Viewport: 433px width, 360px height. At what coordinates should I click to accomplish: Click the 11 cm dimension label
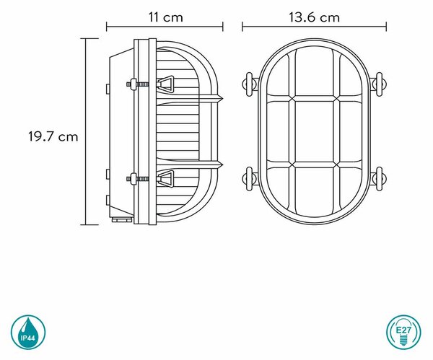(x=166, y=17)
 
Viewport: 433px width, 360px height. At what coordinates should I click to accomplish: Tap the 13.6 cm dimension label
(x=314, y=17)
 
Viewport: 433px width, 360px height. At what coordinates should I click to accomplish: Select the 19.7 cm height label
(x=53, y=136)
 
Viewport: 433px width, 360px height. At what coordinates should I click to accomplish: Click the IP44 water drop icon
(x=28, y=332)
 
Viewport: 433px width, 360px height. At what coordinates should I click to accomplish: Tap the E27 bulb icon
(x=403, y=332)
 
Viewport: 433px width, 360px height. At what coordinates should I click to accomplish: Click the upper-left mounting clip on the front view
(x=250, y=84)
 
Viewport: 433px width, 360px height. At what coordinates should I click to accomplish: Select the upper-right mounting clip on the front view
(x=378, y=84)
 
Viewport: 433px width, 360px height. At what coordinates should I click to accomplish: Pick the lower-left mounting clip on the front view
(x=250, y=179)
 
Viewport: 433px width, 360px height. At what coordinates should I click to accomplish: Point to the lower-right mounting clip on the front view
(x=378, y=179)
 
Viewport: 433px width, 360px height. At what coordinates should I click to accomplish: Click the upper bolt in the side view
(x=137, y=84)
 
